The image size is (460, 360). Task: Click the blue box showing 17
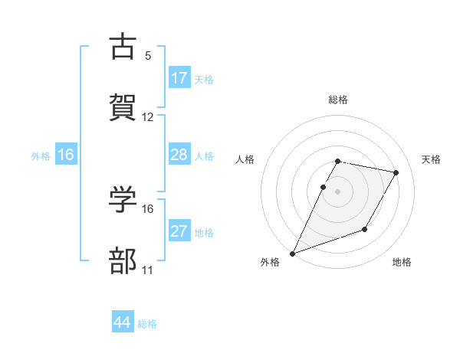(179, 78)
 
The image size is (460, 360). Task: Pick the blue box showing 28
(179, 155)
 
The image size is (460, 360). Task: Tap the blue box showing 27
(179, 231)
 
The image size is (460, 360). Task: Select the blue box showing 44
(123, 322)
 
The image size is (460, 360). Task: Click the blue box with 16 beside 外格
(66, 155)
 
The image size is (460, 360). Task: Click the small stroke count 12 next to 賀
(148, 117)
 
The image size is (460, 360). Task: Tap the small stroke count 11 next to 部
(148, 270)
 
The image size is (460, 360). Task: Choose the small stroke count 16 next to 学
(148, 209)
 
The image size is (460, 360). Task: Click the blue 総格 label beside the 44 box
(147, 324)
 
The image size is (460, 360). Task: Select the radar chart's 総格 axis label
(338, 100)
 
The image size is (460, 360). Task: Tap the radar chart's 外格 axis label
(270, 262)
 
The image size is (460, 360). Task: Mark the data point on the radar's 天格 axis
(396, 173)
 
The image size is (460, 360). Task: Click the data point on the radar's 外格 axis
(292, 254)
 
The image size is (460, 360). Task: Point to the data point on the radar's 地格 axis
(366, 229)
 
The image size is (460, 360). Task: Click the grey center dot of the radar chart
(338, 191)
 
